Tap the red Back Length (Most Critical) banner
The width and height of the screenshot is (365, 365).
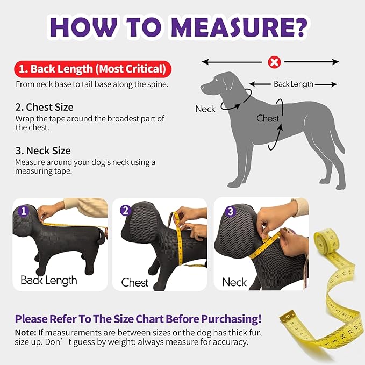(92, 69)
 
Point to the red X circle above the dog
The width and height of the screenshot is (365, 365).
(274, 62)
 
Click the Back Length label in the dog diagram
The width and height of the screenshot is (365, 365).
(293, 84)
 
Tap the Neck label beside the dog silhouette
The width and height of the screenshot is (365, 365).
(205, 109)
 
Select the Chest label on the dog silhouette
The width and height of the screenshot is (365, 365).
(268, 118)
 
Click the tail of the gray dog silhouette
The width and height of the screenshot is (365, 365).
(338, 134)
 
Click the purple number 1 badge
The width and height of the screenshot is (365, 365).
(23, 211)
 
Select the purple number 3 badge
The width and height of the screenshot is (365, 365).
(230, 211)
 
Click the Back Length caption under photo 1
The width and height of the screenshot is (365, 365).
(49, 280)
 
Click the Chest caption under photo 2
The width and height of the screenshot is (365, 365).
(134, 282)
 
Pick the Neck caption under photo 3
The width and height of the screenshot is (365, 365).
(234, 282)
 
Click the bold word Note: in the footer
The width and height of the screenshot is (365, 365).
(25, 332)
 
